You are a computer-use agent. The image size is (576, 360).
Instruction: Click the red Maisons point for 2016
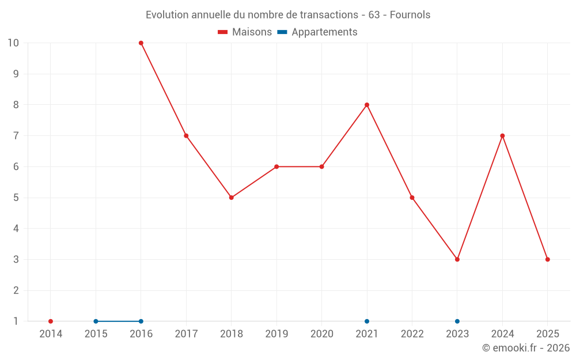[x=141, y=43]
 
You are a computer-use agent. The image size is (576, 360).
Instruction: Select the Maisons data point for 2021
[x=367, y=105]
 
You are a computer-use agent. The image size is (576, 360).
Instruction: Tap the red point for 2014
[x=51, y=321]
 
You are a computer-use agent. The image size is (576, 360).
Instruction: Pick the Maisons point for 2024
[x=502, y=136]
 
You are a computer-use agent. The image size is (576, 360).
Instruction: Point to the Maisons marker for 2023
[x=457, y=259]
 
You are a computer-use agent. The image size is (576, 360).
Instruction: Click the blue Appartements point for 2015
[x=96, y=321]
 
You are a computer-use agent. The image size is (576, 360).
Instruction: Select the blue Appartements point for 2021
[x=367, y=321]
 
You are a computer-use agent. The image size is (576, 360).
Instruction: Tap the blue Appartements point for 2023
[x=457, y=321]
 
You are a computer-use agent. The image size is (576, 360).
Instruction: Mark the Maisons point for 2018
[x=232, y=198]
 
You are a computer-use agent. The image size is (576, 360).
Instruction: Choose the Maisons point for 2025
[x=548, y=259]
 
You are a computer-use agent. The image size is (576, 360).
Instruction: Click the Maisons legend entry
[x=245, y=32]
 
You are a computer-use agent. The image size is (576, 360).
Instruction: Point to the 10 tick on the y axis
[x=13, y=43]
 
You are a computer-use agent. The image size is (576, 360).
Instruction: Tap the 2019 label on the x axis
[x=276, y=334]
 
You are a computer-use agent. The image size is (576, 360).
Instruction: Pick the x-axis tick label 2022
[x=412, y=334]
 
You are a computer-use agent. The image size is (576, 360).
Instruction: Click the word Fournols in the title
[x=410, y=15]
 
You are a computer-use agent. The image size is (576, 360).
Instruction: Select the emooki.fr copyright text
[x=526, y=348]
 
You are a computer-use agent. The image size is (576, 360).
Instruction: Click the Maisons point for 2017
[x=186, y=136]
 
